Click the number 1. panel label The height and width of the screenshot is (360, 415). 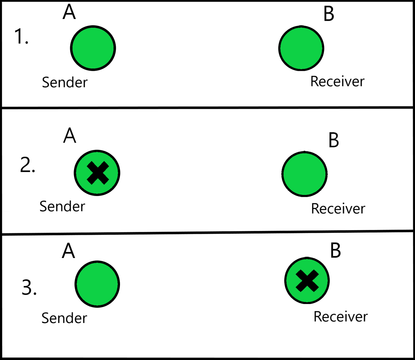tap(21, 37)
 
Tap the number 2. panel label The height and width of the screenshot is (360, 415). tap(28, 165)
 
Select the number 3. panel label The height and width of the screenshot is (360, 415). tap(29, 287)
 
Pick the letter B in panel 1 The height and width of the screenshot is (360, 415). tap(329, 14)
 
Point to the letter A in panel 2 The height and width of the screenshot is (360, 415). tap(70, 136)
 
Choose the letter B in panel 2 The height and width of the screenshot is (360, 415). tap(333, 140)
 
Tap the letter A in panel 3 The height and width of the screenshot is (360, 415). tap(68, 251)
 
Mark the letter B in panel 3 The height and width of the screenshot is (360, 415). tap(335, 251)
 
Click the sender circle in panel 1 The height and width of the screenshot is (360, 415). tap(93, 48)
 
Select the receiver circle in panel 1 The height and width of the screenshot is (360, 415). tap(301, 48)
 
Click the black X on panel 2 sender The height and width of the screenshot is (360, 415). tap(98, 173)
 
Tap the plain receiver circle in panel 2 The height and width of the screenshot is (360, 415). tap(304, 174)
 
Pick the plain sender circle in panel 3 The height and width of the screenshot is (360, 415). tap(97, 284)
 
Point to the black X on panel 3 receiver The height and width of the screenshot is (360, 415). tap(307, 281)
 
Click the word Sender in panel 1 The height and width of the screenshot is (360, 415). tap(65, 82)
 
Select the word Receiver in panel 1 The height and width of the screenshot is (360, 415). tap(337, 82)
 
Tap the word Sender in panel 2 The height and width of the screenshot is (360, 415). tap(62, 206)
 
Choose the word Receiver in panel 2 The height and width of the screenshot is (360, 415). tap(338, 209)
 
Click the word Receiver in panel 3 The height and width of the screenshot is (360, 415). tap(340, 317)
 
